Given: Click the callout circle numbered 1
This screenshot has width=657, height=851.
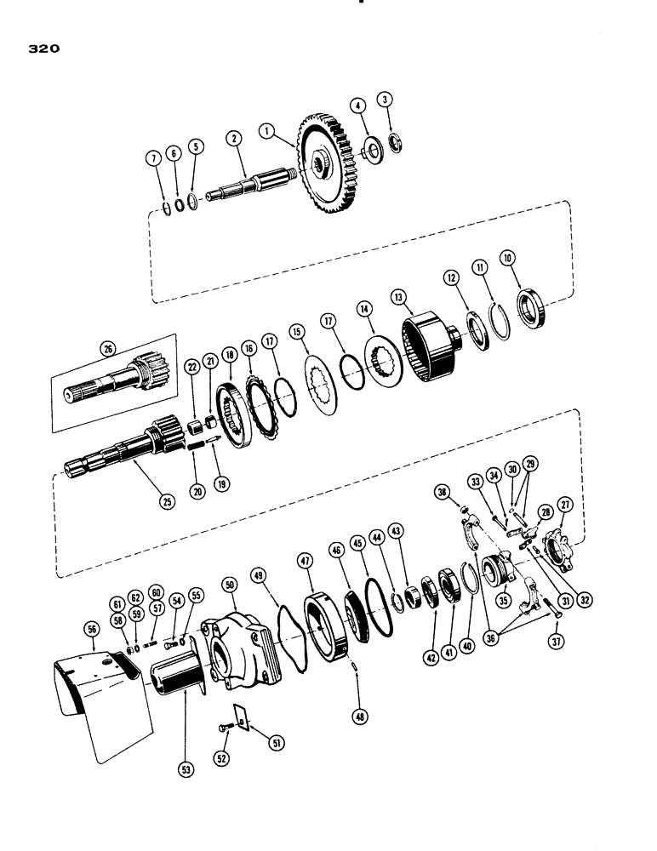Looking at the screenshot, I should click(x=268, y=132).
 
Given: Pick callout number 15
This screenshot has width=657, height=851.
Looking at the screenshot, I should click(x=297, y=330).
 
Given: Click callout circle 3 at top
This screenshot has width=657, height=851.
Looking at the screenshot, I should click(x=387, y=100).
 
